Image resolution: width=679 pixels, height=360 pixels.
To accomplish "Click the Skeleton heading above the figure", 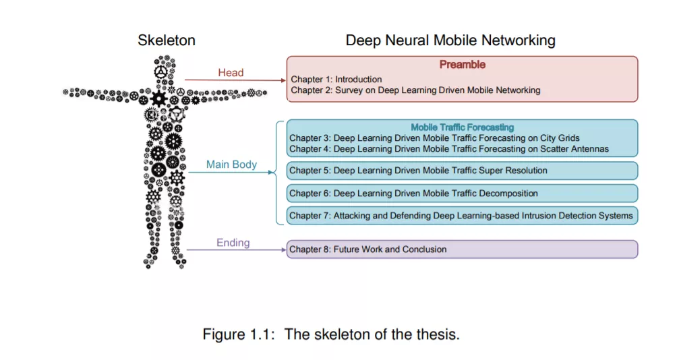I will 167,40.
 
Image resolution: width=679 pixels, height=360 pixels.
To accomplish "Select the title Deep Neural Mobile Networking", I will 450,40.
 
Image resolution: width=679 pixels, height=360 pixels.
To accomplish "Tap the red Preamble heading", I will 462,65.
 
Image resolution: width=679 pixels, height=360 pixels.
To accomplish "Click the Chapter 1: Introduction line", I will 336,80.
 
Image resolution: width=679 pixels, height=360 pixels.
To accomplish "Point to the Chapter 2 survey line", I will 415,90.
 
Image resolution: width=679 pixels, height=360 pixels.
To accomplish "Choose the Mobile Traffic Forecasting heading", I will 462,127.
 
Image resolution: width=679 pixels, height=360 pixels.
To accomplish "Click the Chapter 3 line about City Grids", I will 434,138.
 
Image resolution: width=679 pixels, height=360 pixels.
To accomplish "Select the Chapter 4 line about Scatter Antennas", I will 449,149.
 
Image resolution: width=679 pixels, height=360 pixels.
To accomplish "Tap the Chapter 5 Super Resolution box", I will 462,171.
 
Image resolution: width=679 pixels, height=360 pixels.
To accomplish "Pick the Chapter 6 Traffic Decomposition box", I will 462,193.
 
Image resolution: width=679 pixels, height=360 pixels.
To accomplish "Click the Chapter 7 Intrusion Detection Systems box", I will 462,216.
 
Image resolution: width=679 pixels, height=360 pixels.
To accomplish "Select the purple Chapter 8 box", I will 462,249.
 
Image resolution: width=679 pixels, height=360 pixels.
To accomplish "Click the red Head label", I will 231,73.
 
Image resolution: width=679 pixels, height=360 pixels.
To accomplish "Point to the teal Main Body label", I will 231,164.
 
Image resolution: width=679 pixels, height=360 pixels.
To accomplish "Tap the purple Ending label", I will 233,243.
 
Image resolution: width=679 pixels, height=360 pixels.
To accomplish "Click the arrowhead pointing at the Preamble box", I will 283,81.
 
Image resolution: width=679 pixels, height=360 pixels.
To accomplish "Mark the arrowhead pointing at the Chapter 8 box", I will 283,250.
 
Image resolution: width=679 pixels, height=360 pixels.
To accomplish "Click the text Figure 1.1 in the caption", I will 239,334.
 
